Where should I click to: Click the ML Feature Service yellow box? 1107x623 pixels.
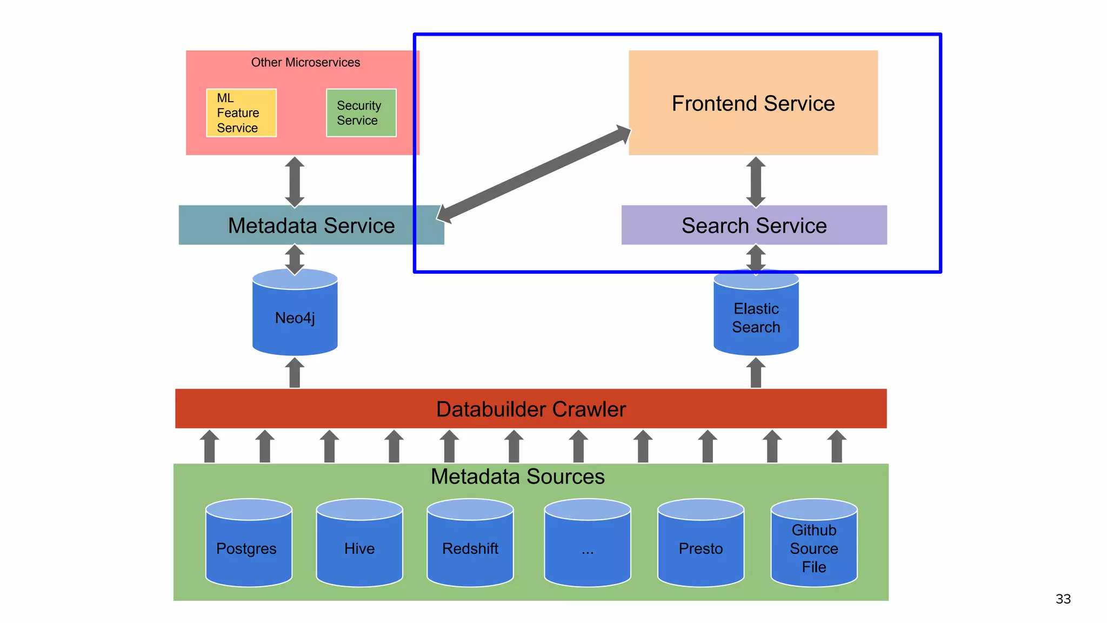point(241,113)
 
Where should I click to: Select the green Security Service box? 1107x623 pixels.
point(361,113)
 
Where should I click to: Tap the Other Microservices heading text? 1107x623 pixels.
point(305,63)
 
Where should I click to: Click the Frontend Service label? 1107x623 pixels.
point(753,103)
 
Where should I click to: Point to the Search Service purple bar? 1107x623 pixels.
point(753,226)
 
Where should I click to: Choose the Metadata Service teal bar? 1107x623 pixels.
point(311,226)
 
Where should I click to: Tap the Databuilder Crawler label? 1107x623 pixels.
point(530,409)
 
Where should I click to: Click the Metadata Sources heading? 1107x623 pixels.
point(517,476)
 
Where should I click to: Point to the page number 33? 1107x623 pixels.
point(1063,599)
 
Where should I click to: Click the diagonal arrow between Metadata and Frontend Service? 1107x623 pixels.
point(534,175)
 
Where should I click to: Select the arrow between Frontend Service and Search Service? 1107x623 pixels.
point(756,182)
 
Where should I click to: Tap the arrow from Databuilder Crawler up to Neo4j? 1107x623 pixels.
point(295,373)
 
